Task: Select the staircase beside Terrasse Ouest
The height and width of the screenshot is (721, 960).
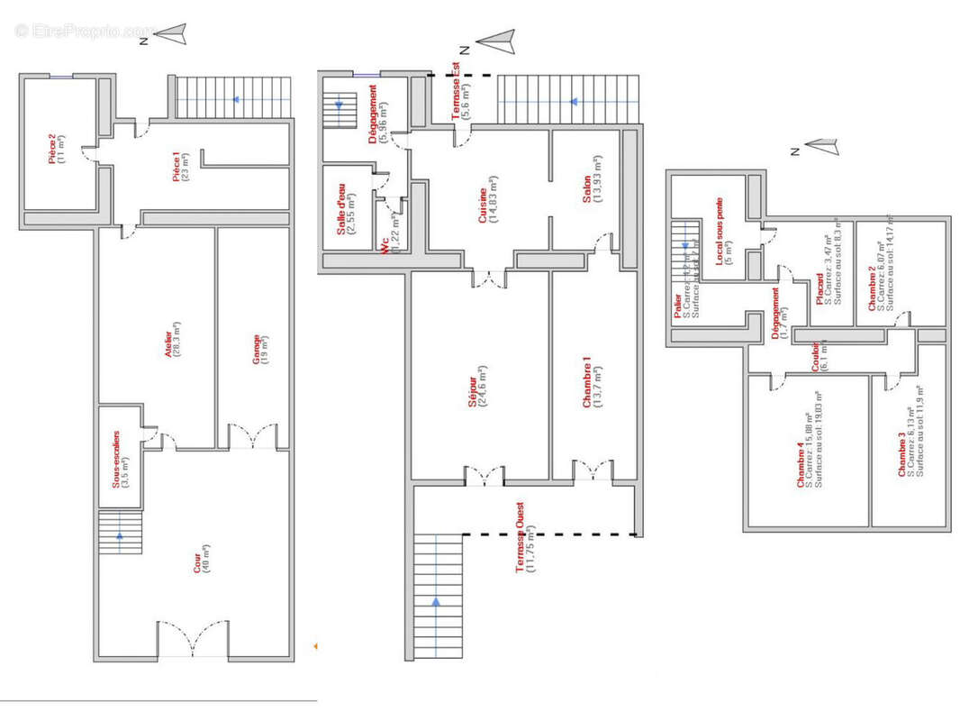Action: click(438, 595)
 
